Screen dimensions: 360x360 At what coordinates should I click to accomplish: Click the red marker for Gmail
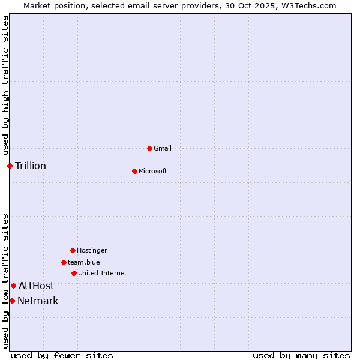[x=149, y=148]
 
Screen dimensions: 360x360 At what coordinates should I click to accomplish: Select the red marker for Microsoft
[x=134, y=171]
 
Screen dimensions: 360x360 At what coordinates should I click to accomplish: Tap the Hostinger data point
[x=73, y=250]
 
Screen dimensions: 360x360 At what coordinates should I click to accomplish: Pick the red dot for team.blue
[x=64, y=262]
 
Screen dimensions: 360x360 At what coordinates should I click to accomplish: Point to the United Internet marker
[x=74, y=273]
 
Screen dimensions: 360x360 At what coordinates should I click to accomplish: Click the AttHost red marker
[x=13, y=286]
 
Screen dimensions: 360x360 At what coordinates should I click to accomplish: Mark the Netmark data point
[x=12, y=301]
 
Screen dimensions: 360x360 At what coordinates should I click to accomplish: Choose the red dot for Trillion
[x=10, y=166]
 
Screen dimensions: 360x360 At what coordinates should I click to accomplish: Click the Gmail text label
[x=163, y=148]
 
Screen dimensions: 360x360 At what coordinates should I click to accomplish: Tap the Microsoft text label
[x=153, y=171]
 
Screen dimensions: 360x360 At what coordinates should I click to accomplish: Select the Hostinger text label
[x=92, y=250]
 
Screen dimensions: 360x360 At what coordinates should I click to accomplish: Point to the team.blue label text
[x=84, y=262]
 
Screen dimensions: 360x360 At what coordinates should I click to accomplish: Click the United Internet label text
[x=103, y=273]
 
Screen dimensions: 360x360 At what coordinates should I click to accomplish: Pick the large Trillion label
[x=31, y=166]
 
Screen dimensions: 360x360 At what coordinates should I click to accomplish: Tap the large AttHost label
[x=36, y=286]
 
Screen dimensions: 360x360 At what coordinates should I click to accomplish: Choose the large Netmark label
[x=38, y=301]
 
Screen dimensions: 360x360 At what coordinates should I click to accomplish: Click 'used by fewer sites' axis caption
[x=62, y=355]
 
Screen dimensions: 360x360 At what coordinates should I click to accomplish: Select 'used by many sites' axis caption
[x=301, y=355]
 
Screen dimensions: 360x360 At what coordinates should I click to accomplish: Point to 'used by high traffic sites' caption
[x=5, y=86]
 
